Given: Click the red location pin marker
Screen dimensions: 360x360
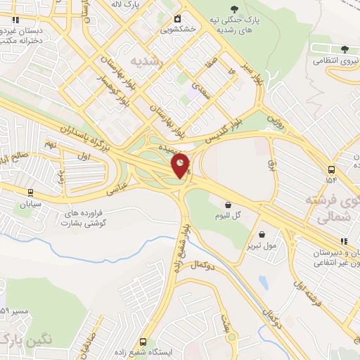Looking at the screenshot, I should (x=180, y=165).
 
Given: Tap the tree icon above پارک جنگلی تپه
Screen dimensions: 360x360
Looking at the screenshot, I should (x=243, y=10).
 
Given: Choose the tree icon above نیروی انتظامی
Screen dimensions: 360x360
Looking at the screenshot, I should (x=344, y=49).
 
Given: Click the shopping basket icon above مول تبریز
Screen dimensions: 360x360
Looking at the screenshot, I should (x=262, y=235).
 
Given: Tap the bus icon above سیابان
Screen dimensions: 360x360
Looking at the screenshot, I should (x=30, y=192).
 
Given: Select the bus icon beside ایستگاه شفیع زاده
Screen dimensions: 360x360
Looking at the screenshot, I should (x=144, y=342).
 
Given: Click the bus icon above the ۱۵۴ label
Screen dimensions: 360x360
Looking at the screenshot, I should (x=331, y=169).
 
